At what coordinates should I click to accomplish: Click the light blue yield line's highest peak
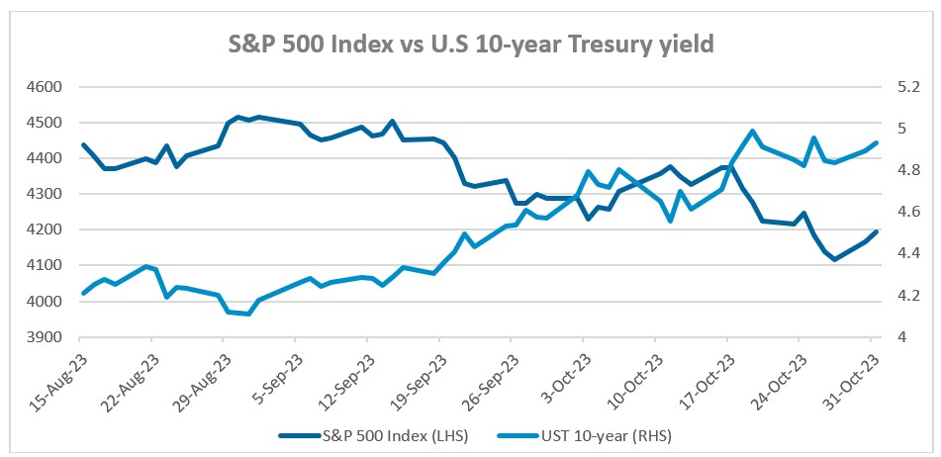tap(752, 131)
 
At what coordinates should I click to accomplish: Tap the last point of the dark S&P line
tap(875, 231)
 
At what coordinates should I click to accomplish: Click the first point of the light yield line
tap(83, 293)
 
